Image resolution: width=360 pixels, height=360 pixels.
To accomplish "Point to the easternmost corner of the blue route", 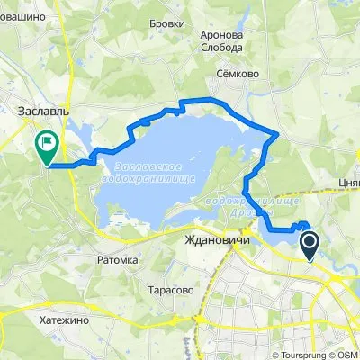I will pos(278,135).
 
